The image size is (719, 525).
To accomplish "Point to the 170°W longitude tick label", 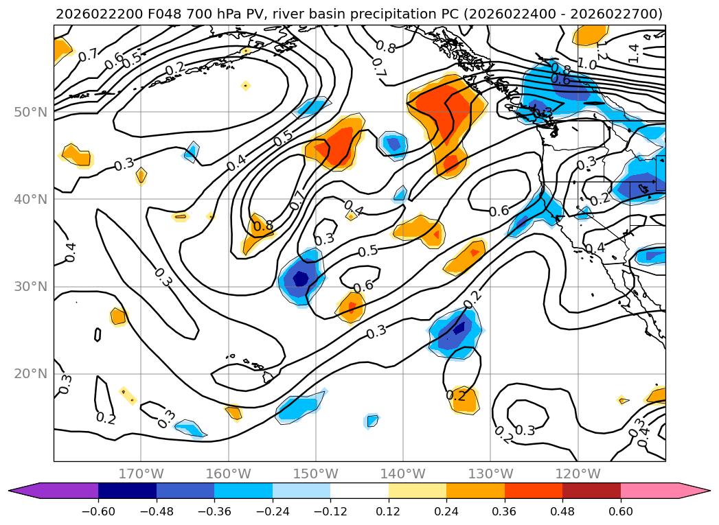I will pyautogui.click(x=141, y=474).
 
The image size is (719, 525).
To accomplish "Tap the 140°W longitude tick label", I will pyautogui.click(x=403, y=474).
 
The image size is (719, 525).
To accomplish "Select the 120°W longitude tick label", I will pyautogui.click(x=578, y=474).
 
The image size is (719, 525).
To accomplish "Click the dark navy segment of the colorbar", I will pyautogui.click(x=127, y=491).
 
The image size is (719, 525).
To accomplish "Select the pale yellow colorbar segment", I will pyautogui.click(x=418, y=491).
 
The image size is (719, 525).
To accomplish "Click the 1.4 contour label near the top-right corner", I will pyautogui.click(x=633, y=49).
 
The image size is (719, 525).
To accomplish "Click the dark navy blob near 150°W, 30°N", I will pyautogui.click(x=301, y=279).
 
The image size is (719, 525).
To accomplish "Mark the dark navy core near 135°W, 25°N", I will pyautogui.click(x=459, y=327).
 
